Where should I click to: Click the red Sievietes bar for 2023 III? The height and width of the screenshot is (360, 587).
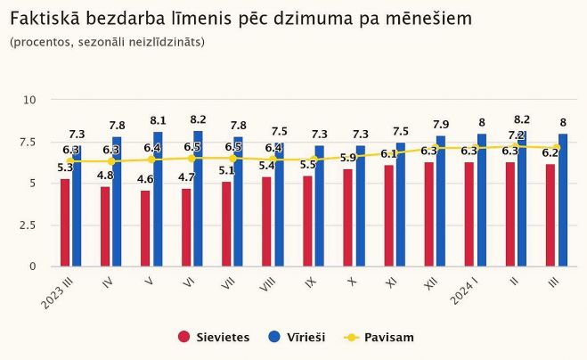coord(65,223)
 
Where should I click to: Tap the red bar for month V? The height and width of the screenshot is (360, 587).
coord(145,228)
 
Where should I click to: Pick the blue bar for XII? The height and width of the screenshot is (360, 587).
coord(441,201)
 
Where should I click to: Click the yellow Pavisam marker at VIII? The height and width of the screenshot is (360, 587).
coord(273,160)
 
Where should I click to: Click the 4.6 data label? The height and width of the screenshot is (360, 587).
coord(144,179)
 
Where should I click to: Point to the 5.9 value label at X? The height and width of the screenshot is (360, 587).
coord(347,158)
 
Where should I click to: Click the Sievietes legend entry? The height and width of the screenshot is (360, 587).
coord(213,337)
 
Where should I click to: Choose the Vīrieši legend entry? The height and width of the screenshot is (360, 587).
coord(299,337)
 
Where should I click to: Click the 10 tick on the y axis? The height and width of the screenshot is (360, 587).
coord(29,100)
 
